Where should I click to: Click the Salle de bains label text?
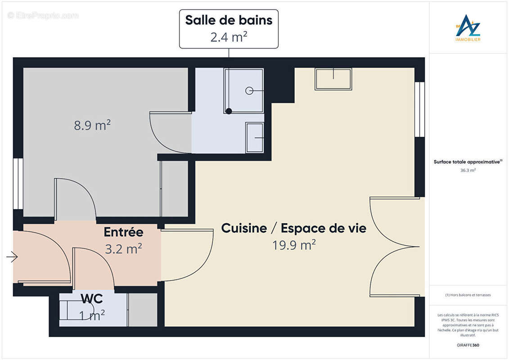[229, 20]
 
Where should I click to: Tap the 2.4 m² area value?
[229, 36]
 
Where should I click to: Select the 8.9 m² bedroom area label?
[92, 125]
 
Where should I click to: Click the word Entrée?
[123, 232]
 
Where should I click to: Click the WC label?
[92, 298]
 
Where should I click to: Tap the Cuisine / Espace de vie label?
[293, 228]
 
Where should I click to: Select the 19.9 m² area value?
[293, 245]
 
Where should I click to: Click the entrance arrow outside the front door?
[12, 257]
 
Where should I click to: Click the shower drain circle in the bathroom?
[249, 90]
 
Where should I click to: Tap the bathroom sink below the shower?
[255, 137]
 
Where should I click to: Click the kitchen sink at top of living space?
[333, 79]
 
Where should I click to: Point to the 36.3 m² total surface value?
[468, 171]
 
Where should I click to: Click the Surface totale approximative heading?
[468, 162]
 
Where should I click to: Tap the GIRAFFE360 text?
[468, 345]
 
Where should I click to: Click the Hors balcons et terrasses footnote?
[468, 295]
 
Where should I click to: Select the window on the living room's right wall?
[419, 109]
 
